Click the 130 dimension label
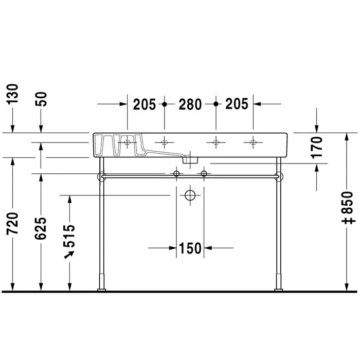tap(12, 94)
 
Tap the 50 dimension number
tap(41, 99)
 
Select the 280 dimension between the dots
tap(190, 104)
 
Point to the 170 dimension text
tap(317, 148)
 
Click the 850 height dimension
tap(347, 203)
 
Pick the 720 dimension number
tap(12, 223)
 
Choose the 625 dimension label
tap(41, 228)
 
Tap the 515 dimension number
tap(69, 236)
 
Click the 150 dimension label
tap(190, 248)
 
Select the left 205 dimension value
tap(145, 104)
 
